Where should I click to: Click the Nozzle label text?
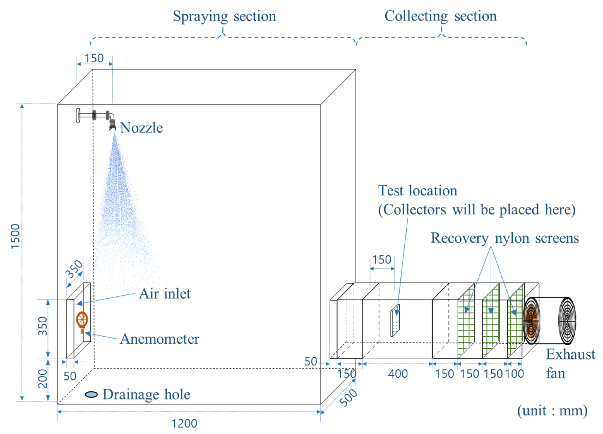point(141,128)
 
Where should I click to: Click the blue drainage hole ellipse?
point(91,394)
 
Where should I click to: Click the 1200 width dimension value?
point(184,424)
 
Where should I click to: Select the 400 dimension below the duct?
point(398,374)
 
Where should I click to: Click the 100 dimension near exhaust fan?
point(514,374)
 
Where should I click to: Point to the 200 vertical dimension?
point(43,378)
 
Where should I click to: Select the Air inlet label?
point(164,294)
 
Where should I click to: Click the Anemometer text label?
point(159,339)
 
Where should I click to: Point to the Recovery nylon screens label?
point(505,238)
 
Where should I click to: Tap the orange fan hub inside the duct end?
point(531,321)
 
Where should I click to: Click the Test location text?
point(417,191)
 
